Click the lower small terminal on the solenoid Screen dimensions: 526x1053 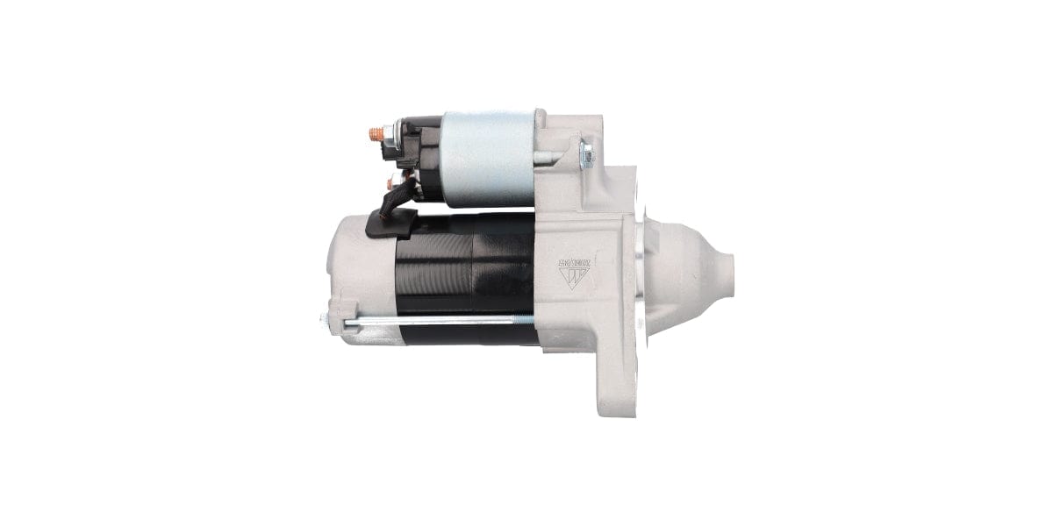tap(393, 181)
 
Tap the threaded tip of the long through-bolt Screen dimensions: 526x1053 tap(526, 318)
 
